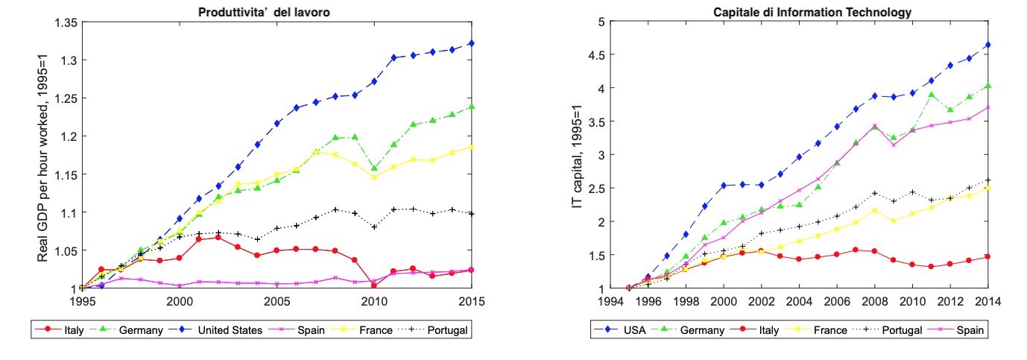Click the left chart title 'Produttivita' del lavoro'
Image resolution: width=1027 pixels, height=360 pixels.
[x=277, y=12]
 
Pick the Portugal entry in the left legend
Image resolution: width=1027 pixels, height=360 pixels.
[x=444, y=329]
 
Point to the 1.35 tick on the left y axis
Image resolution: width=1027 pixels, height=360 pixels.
[x=65, y=22]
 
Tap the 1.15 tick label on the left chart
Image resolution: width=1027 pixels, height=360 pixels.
[x=65, y=174]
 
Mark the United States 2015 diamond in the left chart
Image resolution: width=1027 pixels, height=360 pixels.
[x=472, y=43]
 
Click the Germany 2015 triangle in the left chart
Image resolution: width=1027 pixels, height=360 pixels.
[x=472, y=107]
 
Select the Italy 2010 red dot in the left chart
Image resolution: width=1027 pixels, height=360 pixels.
[x=374, y=285]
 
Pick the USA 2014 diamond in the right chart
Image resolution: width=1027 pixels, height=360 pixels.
[x=987, y=45]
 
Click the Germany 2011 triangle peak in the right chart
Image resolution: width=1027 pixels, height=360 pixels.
[x=932, y=95]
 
